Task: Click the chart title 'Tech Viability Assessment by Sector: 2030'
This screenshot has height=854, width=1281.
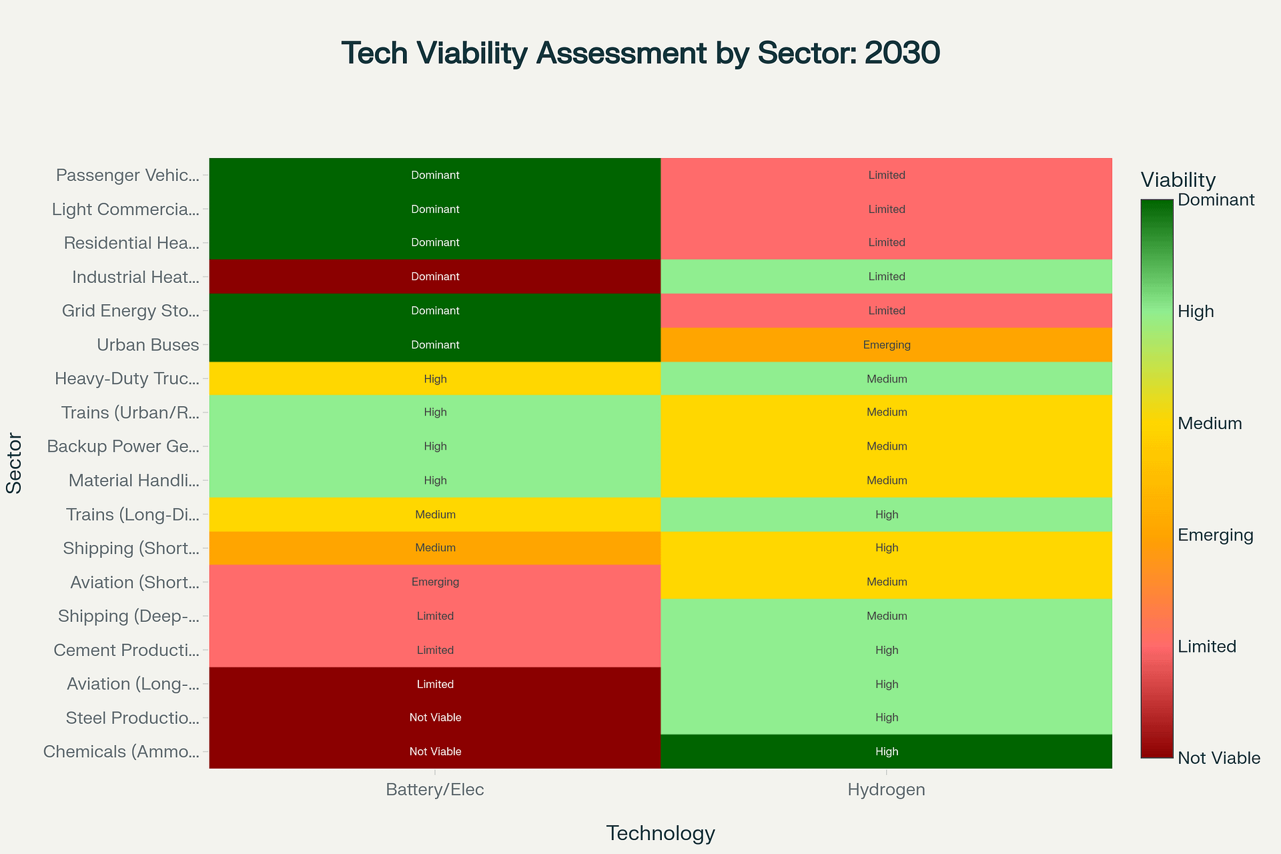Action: tap(640, 53)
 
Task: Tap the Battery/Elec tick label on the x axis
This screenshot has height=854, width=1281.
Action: tap(435, 790)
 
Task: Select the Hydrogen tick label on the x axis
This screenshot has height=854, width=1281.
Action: tap(886, 790)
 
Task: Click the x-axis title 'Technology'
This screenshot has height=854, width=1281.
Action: tap(661, 833)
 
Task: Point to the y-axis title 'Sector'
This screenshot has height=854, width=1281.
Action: tap(14, 463)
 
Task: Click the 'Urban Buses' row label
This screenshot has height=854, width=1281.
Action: tap(147, 345)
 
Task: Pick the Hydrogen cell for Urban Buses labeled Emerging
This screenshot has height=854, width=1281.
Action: tap(886, 345)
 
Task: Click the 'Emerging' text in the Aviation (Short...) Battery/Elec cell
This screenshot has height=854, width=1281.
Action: tap(435, 582)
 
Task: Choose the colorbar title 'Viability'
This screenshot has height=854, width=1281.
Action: tap(1178, 180)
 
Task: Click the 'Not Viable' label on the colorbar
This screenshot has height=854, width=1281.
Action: tap(1219, 758)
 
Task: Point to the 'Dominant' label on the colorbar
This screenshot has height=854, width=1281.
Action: tap(1216, 199)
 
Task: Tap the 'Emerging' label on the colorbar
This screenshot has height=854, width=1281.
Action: tap(1216, 535)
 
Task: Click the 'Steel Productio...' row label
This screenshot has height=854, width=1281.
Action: tap(132, 718)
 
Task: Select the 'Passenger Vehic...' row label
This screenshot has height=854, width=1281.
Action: tap(127, 175)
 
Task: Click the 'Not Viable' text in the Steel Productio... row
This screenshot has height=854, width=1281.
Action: tap(435, 718)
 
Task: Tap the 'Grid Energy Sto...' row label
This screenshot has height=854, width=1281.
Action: tap(130, 311)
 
